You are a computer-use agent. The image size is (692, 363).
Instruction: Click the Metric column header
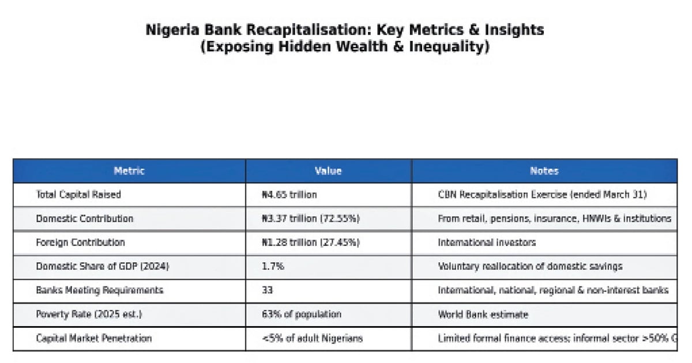click(129, 171)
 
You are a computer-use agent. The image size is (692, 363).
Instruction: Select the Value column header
click(328, 171)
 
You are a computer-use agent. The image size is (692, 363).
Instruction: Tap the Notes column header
click(544, 171)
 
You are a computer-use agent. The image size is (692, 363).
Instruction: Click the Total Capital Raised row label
click(78, 195)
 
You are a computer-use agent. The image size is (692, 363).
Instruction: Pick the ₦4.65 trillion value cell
click(289, 195)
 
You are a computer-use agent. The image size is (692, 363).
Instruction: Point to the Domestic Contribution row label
click(84, 219)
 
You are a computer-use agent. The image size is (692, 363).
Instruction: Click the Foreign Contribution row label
click(80, 243)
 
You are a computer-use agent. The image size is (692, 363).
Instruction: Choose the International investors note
click(487, 243)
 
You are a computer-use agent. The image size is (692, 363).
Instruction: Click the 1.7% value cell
click(273, 267)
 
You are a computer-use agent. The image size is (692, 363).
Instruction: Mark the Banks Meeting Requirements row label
click(99, 290)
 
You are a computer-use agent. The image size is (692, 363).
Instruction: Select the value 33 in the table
click(267, 290)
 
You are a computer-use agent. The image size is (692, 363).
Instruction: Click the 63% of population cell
click(302, 315)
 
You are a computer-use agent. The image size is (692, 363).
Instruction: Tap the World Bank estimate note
click(483, 315)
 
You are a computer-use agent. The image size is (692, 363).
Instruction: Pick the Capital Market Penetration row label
click(93, 338)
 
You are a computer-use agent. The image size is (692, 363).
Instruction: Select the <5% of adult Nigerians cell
click(313, 338)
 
